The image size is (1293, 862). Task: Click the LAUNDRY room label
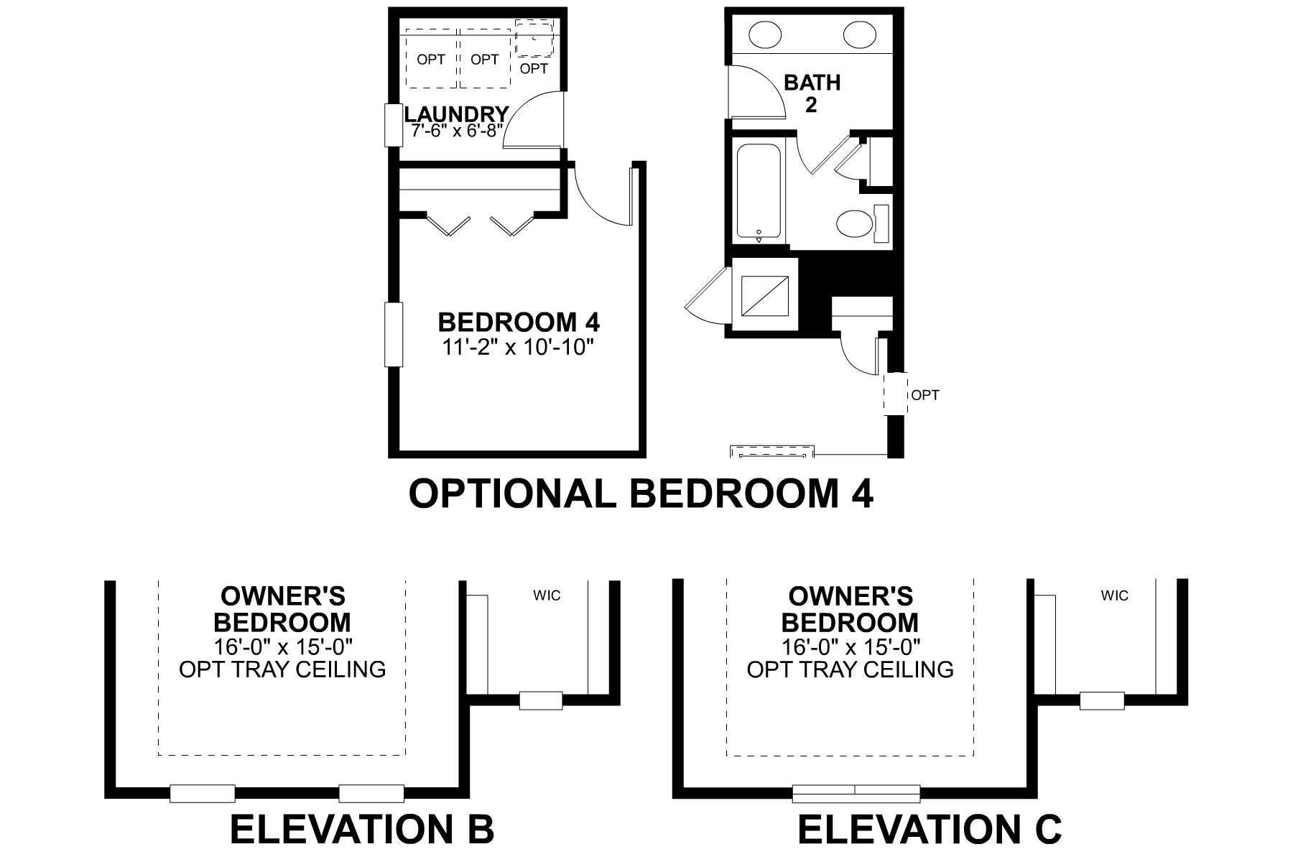[457, 114]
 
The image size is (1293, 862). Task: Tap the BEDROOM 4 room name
[519, 321]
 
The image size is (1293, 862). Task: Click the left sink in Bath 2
[766, 33]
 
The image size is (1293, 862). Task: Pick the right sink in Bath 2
[859, 33]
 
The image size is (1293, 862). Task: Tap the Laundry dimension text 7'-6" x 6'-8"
[457, 132]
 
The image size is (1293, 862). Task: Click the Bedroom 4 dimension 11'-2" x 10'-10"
[519, 348]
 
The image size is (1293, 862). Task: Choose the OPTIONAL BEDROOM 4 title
[641, 493]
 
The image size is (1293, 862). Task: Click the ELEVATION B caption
[362, 829]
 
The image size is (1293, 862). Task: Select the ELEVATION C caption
[930, 829]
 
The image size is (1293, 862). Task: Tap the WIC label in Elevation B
[547, 595]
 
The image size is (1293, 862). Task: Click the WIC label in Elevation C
[1114, 595]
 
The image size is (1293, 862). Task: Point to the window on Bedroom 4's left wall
[394, 335]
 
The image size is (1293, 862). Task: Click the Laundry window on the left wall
[393, 126]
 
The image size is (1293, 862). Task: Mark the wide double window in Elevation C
[856, 793]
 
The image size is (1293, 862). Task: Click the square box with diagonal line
[764, 295]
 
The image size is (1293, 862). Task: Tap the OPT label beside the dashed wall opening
[925, 395]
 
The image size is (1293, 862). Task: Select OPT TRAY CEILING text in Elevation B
[282, 669]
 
